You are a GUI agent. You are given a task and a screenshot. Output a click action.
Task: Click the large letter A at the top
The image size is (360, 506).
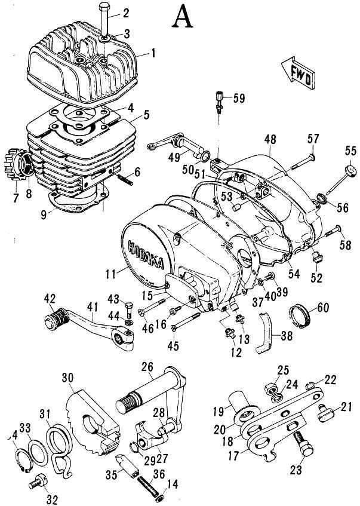(183, 17)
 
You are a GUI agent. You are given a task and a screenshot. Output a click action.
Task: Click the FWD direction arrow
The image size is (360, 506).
(296, 69)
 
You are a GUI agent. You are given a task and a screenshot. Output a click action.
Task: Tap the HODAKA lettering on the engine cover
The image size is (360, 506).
(141, 251)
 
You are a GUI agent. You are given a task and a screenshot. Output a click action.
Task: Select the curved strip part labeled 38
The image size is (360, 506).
(264, 335)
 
